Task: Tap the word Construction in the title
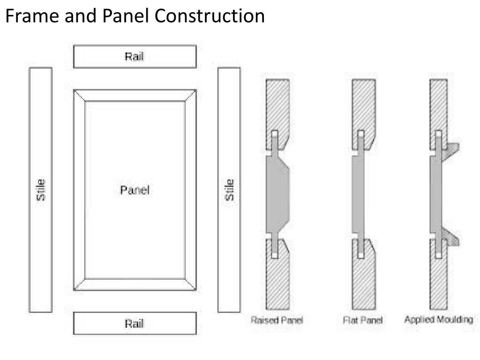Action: click(210, 16)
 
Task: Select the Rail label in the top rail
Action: click(134, 57)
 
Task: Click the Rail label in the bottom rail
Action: click(134, 323)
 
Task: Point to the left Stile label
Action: click(41, 190)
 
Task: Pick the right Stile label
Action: click(229, 190)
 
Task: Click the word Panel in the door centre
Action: click(135, 190)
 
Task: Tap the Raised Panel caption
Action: click(277, 321)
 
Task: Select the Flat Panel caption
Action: click(363, 321)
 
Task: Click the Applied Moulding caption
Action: click(438, 320)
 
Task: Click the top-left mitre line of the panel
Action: click(79, 95)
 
